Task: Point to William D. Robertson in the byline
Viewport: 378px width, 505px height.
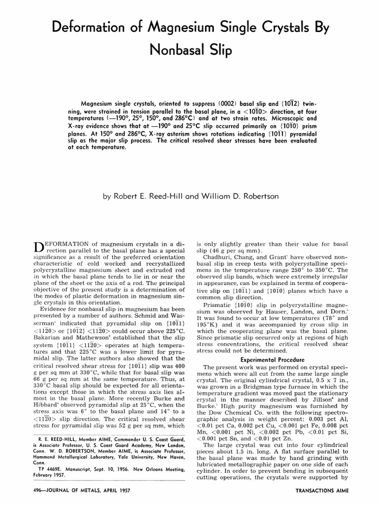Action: click(241, 196)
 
